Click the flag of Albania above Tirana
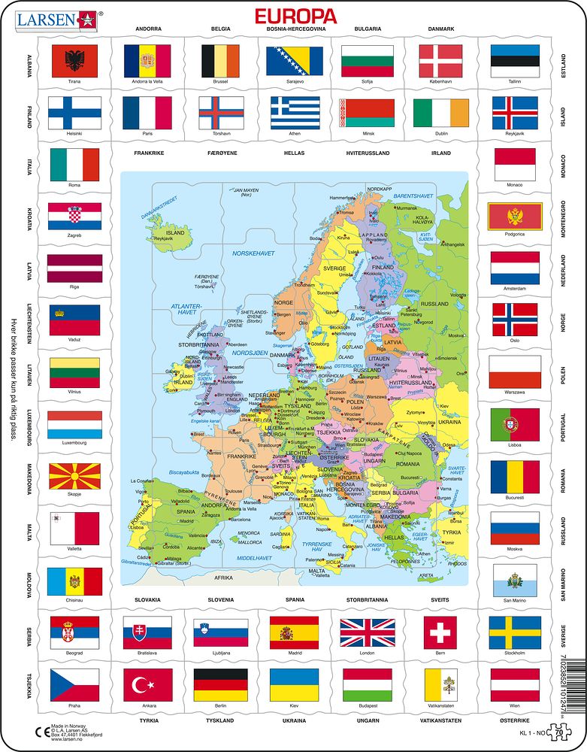click(x=74, y=61)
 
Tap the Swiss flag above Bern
click(x=440, y=632)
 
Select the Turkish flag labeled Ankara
click(x=147, y=684)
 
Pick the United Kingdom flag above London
click(x=367, y=632)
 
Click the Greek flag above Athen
click(x=295, y=113)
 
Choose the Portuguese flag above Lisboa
click(x=515, y=425)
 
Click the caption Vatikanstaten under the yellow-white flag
click(x=440, y=705)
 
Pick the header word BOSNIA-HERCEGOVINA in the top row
click(x=295, y=29)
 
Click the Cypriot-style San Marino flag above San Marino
click(x=515, y=581)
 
